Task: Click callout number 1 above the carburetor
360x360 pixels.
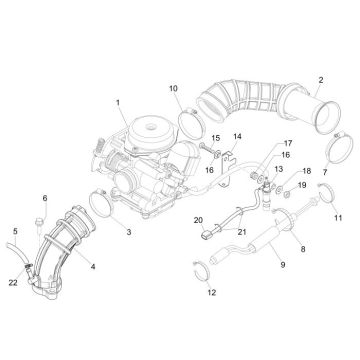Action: point(117,102)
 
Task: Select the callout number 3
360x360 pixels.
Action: point(127,232)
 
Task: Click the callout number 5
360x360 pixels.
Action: point(14,231)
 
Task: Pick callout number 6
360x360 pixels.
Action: point(44,198)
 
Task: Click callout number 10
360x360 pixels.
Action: point(173,89)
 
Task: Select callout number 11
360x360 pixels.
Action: point(337,217)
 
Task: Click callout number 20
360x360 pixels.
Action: point(197,219)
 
